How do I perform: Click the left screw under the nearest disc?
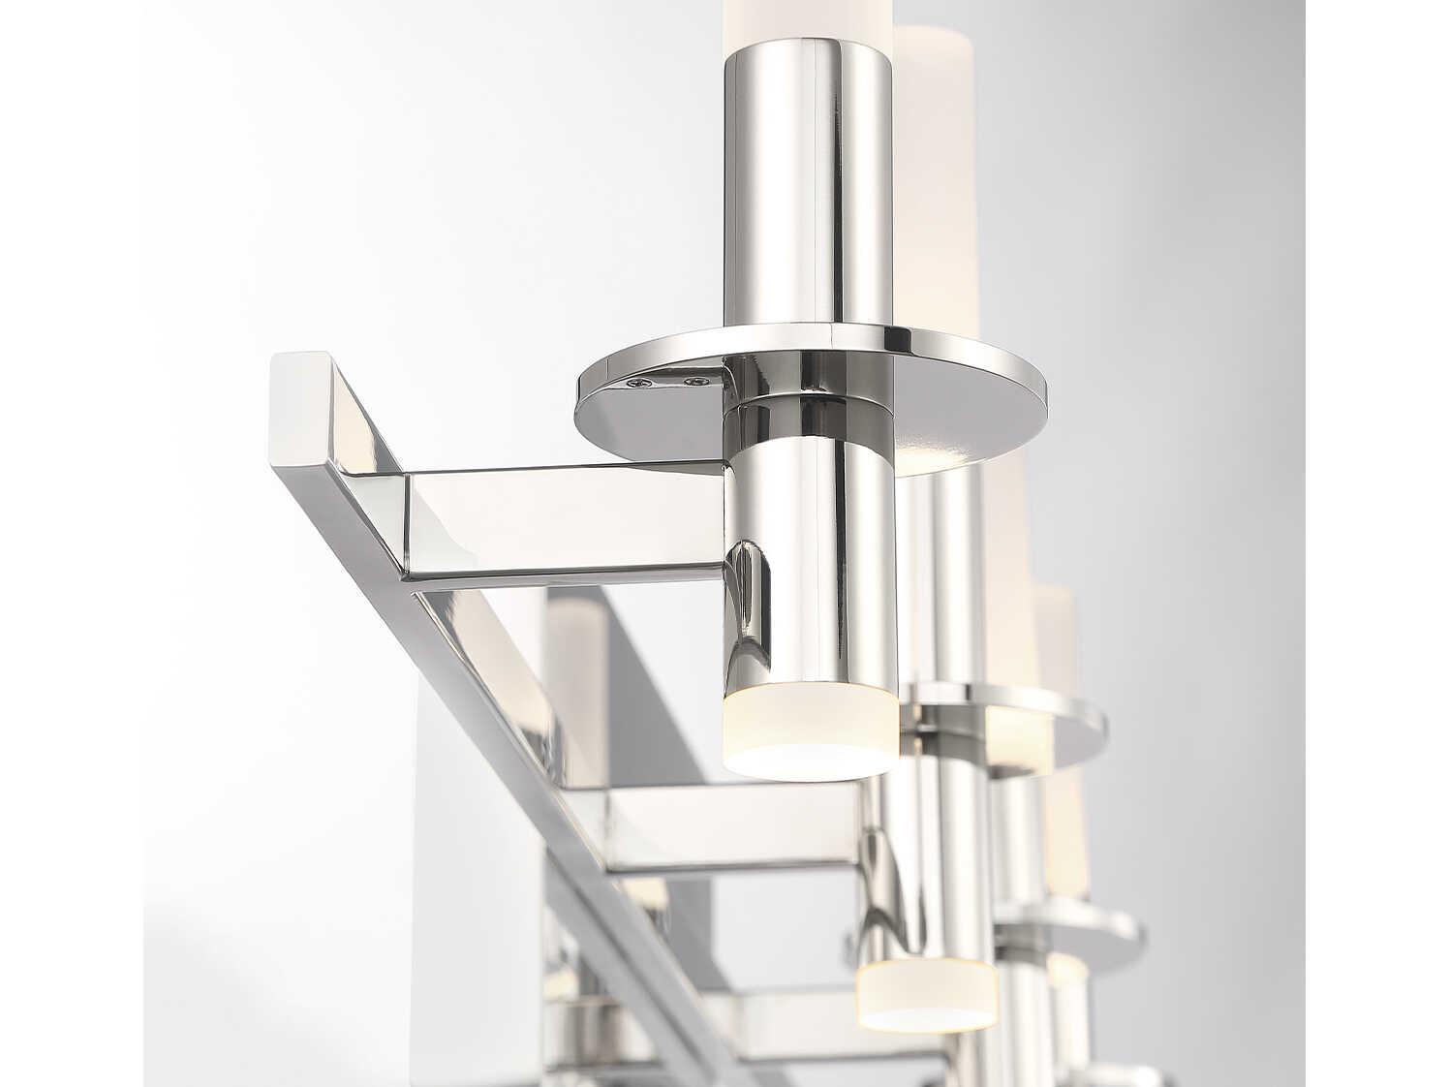click(637, 386)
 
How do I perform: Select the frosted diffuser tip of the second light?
click(926, 992)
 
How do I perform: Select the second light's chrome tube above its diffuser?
click(920, 872)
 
